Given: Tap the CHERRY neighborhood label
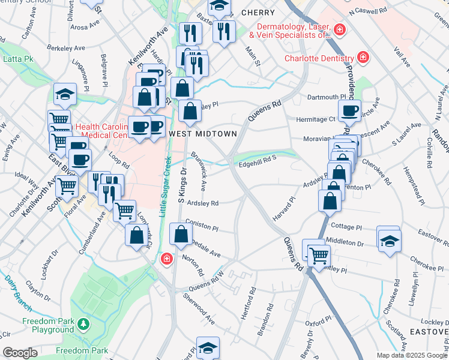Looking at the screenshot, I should coord(258,13).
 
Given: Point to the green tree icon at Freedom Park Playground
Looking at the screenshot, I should coord(83,325).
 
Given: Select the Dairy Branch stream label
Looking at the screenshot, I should coord(18,292).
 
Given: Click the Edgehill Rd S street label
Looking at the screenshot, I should coord(257,159).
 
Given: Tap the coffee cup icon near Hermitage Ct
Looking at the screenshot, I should coord(349,111).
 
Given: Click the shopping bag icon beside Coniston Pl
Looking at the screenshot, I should coord(181,235).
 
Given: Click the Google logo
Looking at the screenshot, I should coord(20,353).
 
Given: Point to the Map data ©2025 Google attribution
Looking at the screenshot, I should coord(412,355).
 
